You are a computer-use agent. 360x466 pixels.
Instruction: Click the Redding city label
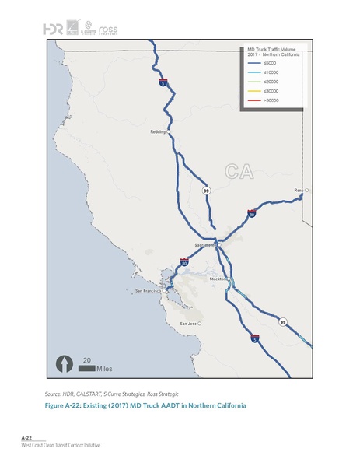point(156,132)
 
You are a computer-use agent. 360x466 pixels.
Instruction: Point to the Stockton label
point(217,278)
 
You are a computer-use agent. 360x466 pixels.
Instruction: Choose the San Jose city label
point(188,323)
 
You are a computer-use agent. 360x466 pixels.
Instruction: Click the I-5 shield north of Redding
point(163,82)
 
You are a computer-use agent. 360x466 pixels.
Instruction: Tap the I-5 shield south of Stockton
point(254,339)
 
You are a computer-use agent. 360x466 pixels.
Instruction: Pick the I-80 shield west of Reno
point(251,211)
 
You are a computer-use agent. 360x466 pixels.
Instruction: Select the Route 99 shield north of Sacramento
point(206,190)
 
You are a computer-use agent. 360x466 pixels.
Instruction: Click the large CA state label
point(238,170)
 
